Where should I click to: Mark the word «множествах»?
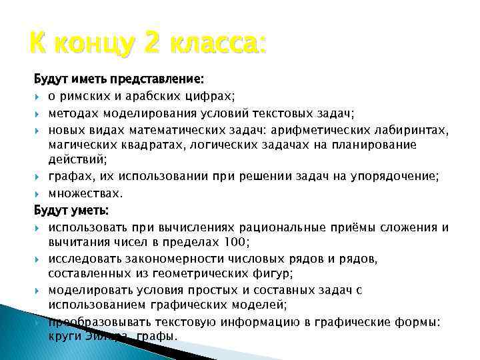[x=85, y=194]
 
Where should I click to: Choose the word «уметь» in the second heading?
[x=91, y=211]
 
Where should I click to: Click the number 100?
[x=237, y=242]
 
